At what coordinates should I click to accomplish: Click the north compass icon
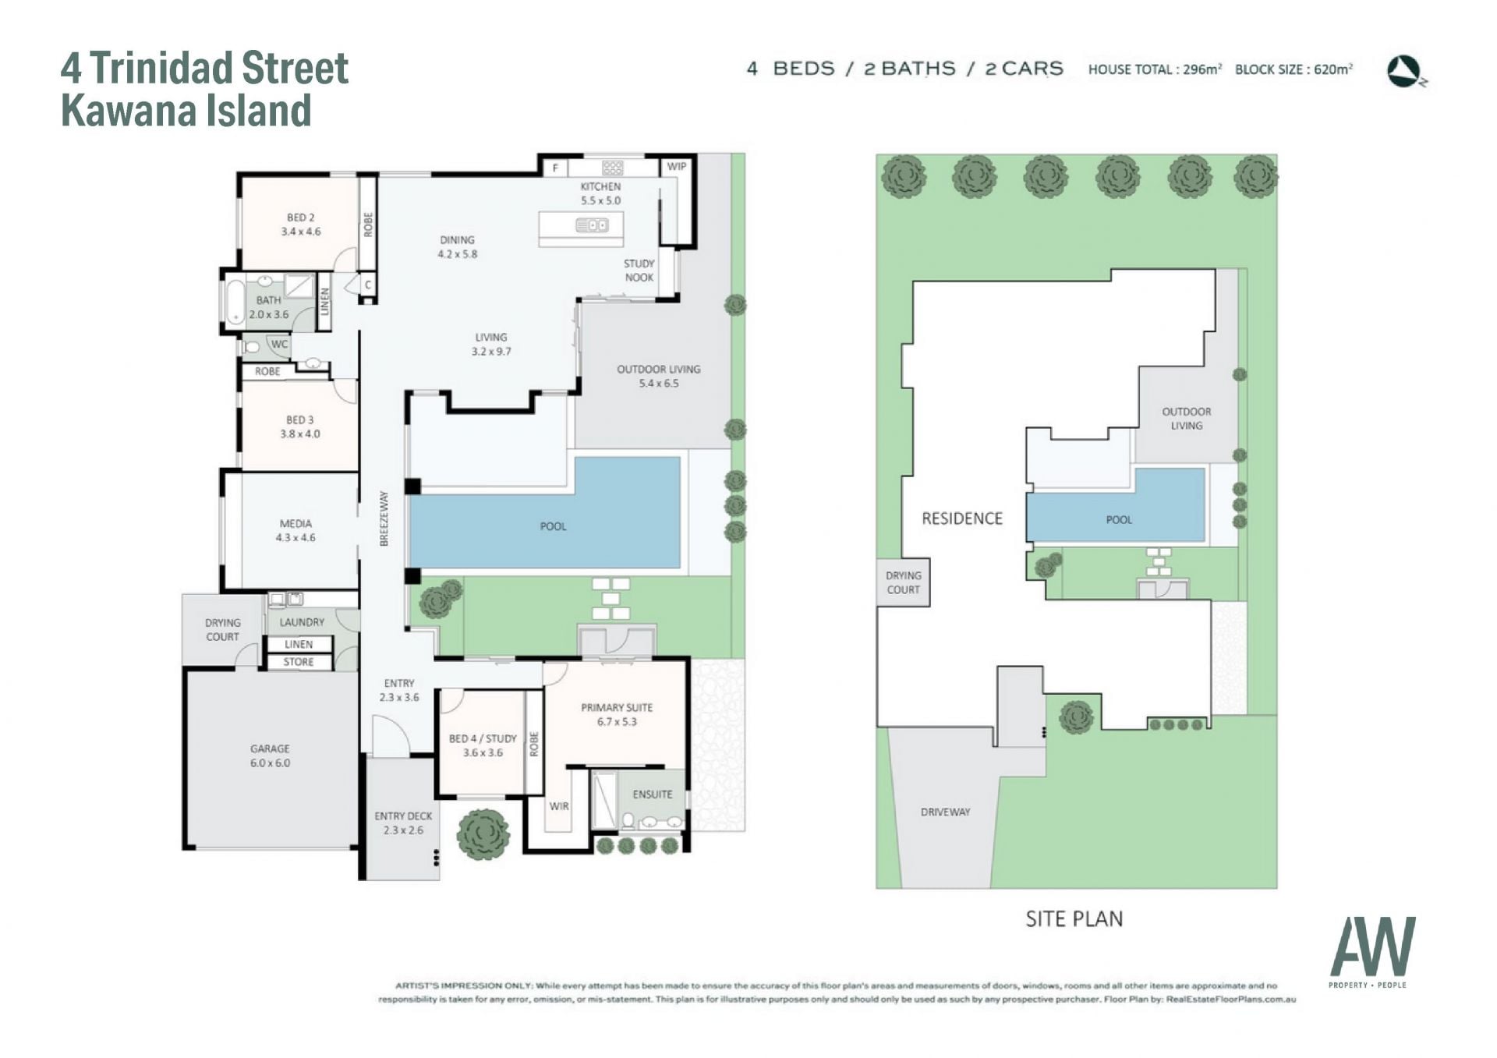pos(1406,71)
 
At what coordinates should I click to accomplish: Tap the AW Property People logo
pos(1372,952)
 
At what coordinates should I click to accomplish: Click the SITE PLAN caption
pos(1074,919)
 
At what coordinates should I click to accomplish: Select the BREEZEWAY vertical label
pos(384,518)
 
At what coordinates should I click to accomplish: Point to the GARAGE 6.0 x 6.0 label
pos(270,755)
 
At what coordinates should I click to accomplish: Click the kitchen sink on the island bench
pos(592,225)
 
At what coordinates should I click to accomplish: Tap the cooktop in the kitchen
pos(613,167)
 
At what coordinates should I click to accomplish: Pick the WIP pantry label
pos(676,166)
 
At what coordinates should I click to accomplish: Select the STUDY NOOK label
pos(639,271)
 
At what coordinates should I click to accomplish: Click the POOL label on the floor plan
pos(554,526)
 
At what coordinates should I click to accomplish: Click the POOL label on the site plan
pos(1119,519)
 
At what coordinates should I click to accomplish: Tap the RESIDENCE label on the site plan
pos(962,518)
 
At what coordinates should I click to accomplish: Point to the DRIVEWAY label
pos(946,812)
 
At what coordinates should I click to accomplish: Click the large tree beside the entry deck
pos(483,833)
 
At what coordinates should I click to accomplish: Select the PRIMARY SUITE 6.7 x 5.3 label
pos(617,714)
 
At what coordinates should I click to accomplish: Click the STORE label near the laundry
pos(299,662)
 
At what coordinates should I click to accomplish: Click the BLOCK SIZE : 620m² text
pos(1294,69)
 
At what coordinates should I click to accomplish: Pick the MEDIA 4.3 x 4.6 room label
pos(296,530)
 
